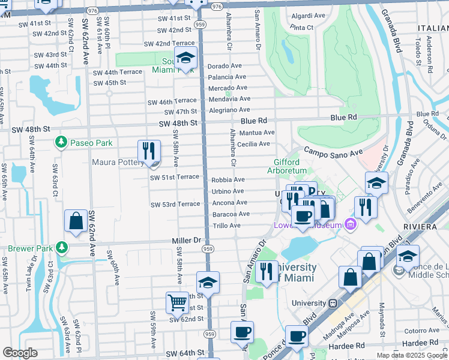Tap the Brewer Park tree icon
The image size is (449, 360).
pos(61,248)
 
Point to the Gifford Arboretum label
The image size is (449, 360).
pos(294,166)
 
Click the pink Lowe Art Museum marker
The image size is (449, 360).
pos(351,225)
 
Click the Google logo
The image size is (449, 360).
pos(20,353)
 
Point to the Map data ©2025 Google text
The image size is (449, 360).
pos(412,355)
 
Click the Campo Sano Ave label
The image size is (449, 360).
pos(333,152)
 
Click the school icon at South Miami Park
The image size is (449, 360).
pos(186,58)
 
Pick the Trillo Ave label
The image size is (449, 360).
pos(226,226)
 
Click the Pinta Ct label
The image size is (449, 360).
pos(302,28)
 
